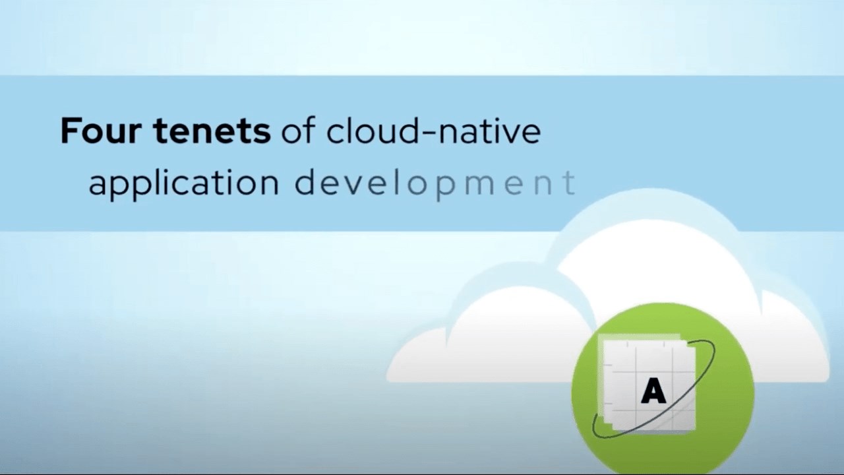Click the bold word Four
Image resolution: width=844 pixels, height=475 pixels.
point(101,131)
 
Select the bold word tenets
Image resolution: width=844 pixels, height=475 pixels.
point(212,131)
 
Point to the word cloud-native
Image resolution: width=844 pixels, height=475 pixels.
point(434,131)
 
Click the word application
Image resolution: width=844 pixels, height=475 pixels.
point(184,183)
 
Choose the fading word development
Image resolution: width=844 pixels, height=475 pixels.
point(435,183)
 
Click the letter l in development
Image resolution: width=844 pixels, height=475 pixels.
point(396,181)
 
